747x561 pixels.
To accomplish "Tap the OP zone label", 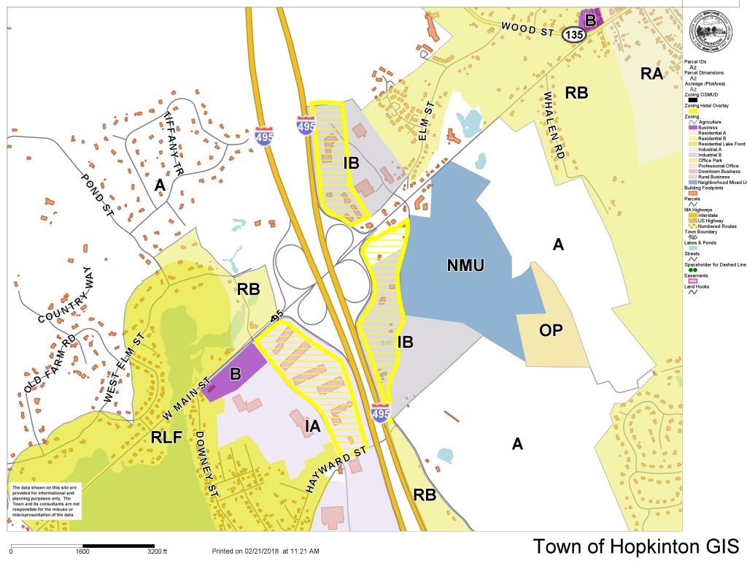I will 551,329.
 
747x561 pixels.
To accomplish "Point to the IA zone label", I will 311,427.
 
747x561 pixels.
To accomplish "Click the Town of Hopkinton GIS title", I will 635,546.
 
